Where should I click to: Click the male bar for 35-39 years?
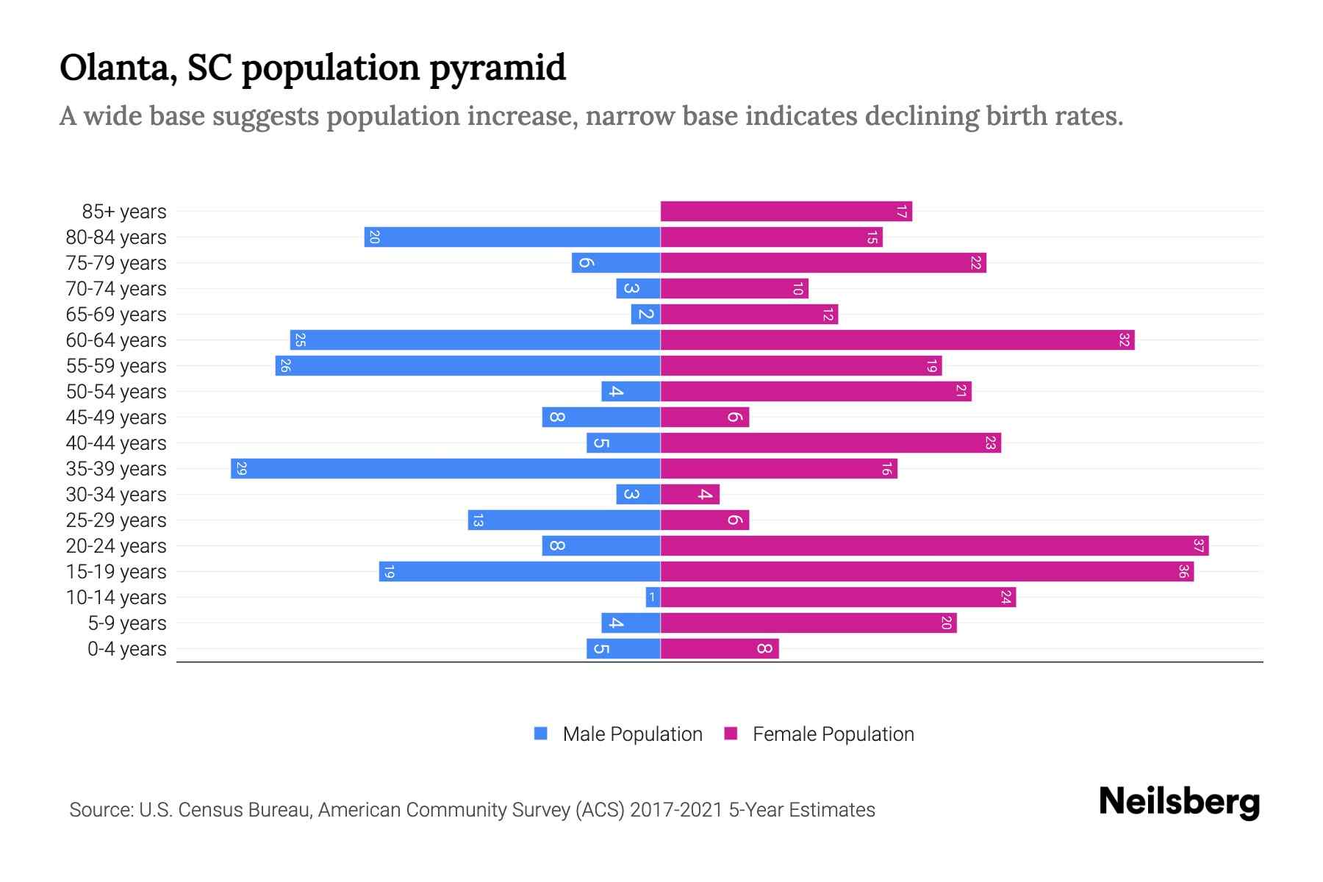445,469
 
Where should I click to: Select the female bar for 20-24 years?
933,546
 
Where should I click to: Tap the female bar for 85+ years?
786,212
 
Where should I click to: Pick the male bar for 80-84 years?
512,237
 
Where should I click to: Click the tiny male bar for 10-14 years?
653,598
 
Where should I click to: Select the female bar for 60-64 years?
897,340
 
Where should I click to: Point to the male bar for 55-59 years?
467,366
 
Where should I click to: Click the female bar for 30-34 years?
689,495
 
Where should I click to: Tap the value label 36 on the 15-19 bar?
1183,572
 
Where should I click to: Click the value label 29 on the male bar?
241,469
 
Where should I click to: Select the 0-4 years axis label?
126,649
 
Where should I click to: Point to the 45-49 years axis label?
116,417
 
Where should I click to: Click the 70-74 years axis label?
116,289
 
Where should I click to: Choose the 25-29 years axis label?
116,520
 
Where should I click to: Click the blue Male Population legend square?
541,734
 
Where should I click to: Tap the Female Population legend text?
833,734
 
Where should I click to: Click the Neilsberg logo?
1179,802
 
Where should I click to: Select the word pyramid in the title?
498,68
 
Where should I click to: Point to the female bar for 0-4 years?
719,649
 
